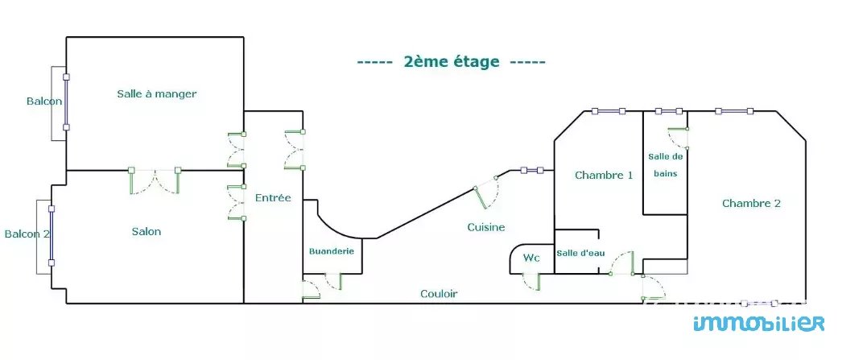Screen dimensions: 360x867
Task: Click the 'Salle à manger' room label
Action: coord(156,94)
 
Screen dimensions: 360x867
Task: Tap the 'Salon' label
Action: coord(147,232)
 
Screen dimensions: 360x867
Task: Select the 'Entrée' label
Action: coord(273,198)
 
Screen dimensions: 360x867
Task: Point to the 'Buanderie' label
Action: coord(332,251)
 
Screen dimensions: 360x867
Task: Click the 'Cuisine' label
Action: coord(486,228)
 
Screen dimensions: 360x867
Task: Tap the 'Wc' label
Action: coord(531,259)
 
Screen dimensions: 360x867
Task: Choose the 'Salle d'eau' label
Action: coord(580,253)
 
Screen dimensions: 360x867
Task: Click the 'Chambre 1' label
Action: coord(604,176)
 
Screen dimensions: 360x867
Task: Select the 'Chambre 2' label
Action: coord(751,204)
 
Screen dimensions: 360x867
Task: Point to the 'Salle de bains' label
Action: coord(665,164)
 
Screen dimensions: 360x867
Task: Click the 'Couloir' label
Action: coord(439,294)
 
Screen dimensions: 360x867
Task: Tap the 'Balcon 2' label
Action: coord(27,234)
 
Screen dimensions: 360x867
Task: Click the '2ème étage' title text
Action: coord(451,62)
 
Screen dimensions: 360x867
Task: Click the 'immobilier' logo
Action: coord(758,323)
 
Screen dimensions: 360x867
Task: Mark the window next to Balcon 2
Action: coord(52,235)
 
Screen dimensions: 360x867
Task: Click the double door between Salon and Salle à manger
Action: coord(155,180)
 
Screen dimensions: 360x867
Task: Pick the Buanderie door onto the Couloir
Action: coord(323,283)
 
